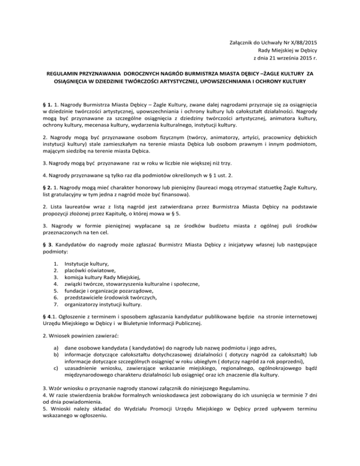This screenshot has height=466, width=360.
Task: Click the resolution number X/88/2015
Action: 307,42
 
